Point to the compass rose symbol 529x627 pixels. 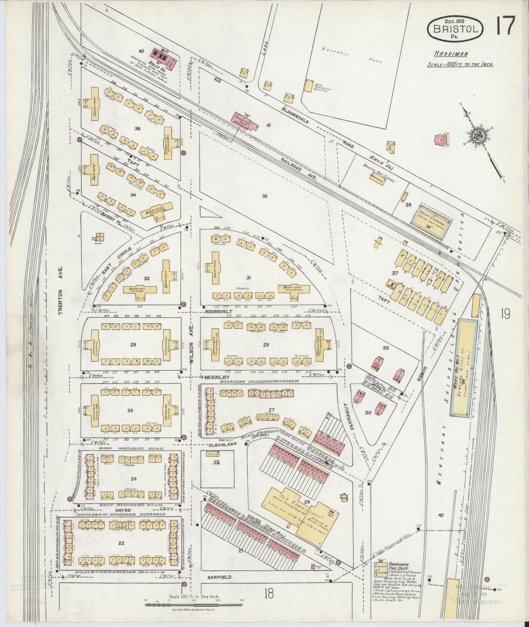click(478, 135)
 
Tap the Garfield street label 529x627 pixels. click(220, 577)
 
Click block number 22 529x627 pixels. click(122, 543)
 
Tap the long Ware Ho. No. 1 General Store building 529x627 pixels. click(463, 367)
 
